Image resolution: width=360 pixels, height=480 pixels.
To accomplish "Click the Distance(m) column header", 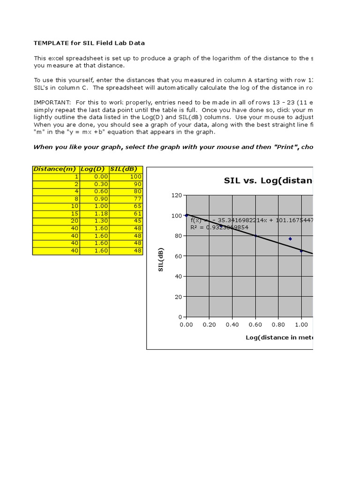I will point(56,169).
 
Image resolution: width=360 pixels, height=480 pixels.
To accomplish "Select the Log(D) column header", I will point(94,169).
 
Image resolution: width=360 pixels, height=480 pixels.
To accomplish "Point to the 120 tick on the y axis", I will point(176,195).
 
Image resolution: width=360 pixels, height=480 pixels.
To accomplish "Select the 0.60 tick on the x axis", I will point(255,324).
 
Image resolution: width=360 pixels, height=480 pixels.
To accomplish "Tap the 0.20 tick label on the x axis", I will point(209,324).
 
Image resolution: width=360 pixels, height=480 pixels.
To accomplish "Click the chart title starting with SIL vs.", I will point(268,180).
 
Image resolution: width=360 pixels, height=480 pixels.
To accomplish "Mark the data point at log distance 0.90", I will point(290,239).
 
